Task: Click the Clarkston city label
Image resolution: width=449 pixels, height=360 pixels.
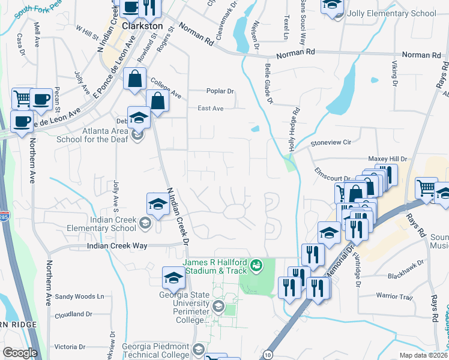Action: tap(142, 26)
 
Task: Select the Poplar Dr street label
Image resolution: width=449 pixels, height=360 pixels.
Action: tap(219, 91)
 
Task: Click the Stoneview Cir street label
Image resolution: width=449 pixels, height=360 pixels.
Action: tap(330, 143)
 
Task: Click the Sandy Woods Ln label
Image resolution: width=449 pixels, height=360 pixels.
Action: tap(79, 296)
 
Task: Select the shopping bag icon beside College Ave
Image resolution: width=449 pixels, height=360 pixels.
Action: tap(135, 79)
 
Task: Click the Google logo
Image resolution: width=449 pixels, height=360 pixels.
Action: tap(20, 353)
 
